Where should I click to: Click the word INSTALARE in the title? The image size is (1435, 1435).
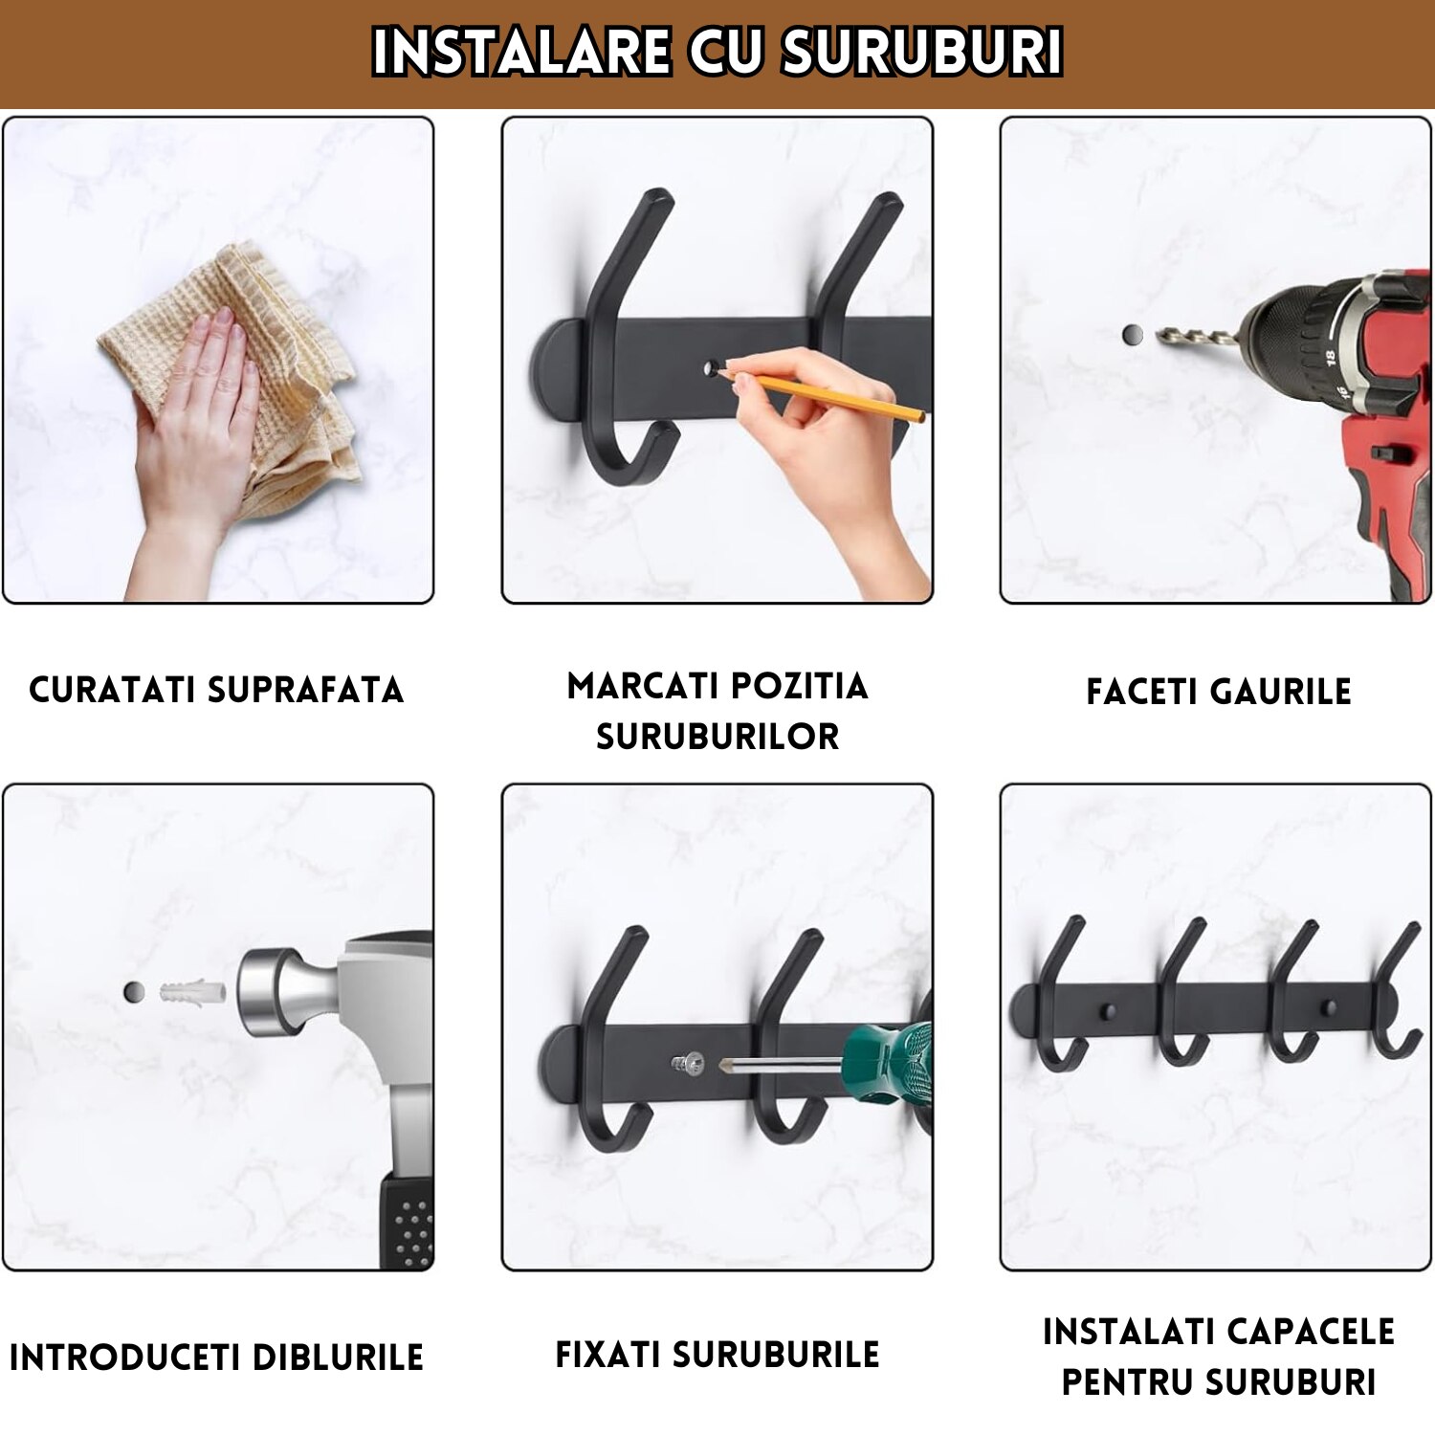(x=521, y=52)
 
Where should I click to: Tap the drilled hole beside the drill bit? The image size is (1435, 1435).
(x=1133, y=335)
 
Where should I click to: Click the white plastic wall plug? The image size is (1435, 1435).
(x=192, y=991)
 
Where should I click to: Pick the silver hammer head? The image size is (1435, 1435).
(x=287, y=991)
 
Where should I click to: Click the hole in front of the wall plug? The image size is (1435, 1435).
(x=134, y=992)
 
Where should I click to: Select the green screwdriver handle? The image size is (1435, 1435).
(x=890, y=1062)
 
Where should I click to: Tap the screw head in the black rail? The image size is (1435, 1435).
(x=689, y=1063)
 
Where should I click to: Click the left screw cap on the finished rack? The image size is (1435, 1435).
(x=1108, y=1010)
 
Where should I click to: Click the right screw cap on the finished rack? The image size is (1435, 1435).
(x=1329, y=1007)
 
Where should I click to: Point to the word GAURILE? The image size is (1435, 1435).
(x=1281, y=692)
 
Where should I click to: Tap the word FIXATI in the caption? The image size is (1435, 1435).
(x=607, y=1355)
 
